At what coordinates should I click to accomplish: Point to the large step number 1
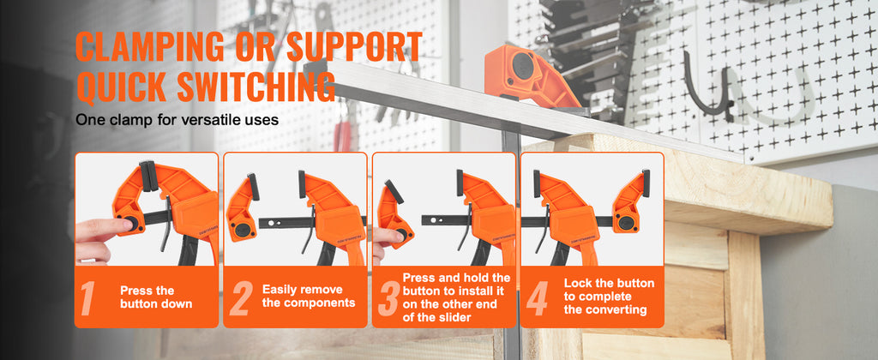pos(88,298)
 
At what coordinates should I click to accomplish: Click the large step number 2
pos(241,298)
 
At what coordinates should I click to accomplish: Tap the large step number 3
pos(388,298)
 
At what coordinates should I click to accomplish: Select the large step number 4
pos(537,298)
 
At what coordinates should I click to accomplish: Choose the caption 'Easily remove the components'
pos(309,297)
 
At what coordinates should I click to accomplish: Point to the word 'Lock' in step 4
pos(577,284)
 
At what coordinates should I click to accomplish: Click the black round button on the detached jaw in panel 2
pos(243,230)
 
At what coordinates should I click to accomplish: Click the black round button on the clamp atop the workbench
pos(523,65)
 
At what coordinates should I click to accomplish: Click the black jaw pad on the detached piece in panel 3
pos(394,192)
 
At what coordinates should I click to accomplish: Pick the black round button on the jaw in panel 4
pos(626,222)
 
